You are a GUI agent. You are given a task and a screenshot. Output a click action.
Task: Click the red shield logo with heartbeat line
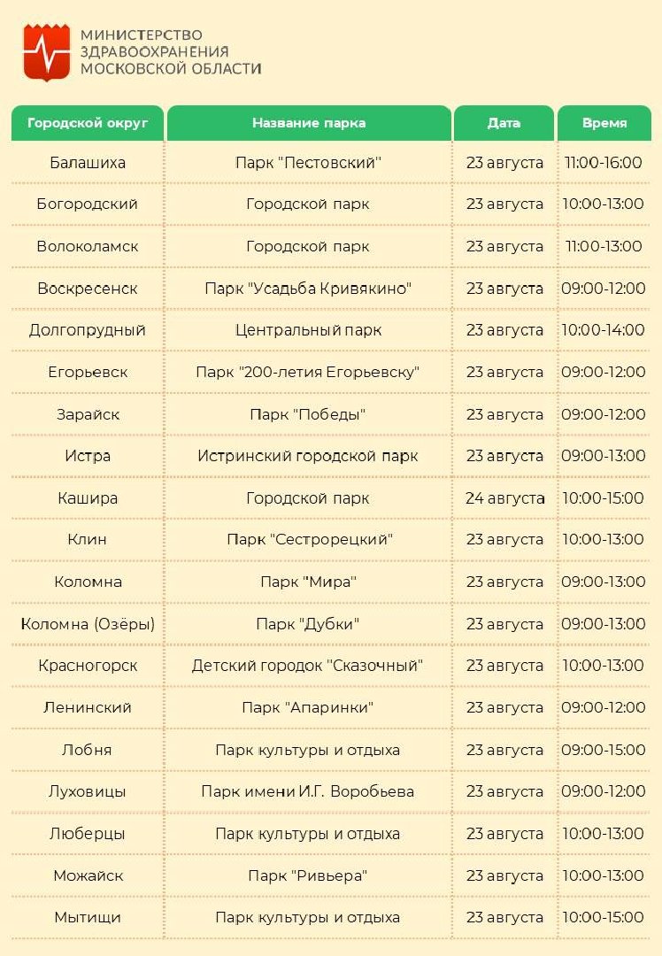coord(46,52)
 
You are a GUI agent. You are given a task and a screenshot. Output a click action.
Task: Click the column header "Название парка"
coord(308,123)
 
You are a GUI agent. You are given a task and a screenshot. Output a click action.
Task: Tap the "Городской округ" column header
coord(88,123)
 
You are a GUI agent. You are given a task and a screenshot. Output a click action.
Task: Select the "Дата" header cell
coord(504,123)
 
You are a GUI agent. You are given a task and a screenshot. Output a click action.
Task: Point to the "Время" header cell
coord(604,123)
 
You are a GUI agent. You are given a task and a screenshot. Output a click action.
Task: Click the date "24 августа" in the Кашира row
coord(504,498)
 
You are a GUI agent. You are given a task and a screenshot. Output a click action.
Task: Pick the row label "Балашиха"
coord(88,163)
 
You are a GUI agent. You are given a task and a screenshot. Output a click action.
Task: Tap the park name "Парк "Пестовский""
coord(308,163)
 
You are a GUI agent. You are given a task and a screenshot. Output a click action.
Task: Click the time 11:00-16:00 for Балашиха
coord(604,163)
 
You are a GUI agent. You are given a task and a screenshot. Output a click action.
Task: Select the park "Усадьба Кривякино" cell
coord(308,289)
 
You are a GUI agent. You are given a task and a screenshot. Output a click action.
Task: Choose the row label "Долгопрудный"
coord(88,330)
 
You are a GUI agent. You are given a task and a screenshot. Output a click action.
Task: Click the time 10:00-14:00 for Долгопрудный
coord(604,330)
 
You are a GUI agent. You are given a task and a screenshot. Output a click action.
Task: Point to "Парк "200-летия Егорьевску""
coord(308,372)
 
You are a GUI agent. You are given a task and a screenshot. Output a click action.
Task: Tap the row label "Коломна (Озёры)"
coord(88,624)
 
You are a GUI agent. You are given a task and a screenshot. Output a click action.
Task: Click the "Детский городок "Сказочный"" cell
coord(308,666)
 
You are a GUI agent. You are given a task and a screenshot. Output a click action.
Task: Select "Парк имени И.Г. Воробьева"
coord(308,791)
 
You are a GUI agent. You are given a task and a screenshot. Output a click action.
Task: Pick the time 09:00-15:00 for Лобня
coord(604,750)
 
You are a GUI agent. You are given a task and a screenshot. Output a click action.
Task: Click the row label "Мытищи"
coord(88,917)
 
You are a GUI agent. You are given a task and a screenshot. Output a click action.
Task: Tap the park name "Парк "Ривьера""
coord(308,875)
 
